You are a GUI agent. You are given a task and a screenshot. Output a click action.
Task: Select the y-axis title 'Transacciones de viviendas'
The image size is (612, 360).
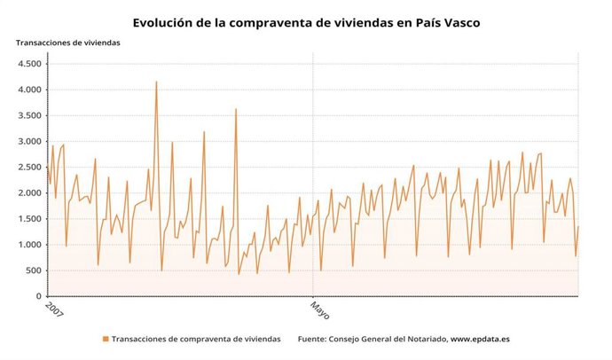[x=67, y=43]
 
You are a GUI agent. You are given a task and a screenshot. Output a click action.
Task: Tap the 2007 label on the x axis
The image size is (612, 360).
[x=54, y=312]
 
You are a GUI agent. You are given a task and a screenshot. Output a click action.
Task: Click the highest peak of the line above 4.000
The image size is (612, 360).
[x=156, y=82]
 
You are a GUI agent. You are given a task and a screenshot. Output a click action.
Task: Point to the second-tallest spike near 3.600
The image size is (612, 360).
[x=236, y=109]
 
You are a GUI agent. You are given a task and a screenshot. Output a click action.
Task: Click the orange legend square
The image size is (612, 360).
[x=106, y=339]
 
